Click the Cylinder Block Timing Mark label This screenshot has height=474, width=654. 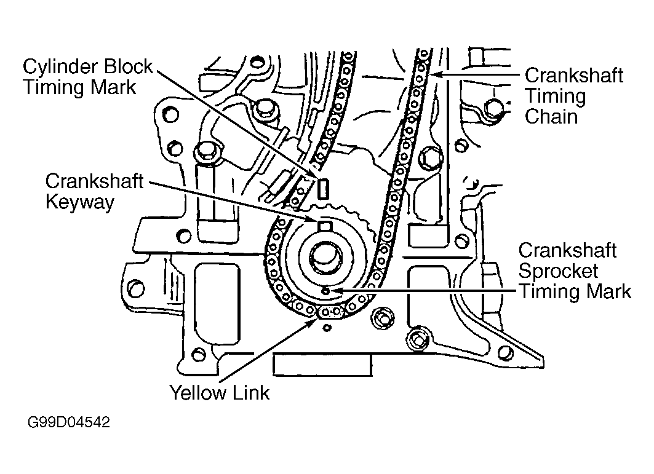pos(87,77)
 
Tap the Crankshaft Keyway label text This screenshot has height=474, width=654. pos(94,191)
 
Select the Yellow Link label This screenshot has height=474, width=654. pos(220,393)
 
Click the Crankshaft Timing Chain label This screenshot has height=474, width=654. pos(574,96)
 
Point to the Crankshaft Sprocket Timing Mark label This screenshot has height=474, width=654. pos(575,271)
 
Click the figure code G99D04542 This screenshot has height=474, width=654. pos(69,422)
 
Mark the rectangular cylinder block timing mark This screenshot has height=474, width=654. pos(323,189)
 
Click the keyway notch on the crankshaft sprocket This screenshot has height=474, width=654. pos(325,226)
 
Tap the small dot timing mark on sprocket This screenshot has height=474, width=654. pos(326,291)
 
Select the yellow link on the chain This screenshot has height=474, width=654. pos(330,312)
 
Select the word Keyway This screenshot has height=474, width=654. pos(79,203)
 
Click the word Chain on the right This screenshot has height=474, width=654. pos(551,116)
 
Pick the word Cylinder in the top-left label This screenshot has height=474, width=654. pos(60,66)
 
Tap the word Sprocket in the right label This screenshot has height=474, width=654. pos(558,271)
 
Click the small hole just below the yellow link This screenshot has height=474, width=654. pos(327,328)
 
